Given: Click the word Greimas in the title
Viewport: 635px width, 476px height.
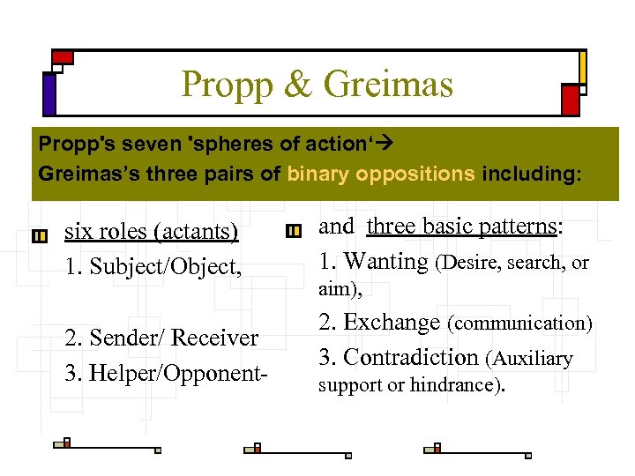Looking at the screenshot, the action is pos(388,85).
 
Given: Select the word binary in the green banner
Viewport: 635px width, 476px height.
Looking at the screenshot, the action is pos(318,174).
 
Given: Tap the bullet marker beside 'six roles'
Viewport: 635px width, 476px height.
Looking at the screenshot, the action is pos(39,236).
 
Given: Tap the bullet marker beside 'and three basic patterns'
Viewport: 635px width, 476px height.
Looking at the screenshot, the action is pos(294,231).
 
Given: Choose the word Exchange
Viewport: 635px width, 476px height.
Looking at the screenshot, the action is pos(392,323).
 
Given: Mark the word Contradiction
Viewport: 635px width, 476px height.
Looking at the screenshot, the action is pos(410,357).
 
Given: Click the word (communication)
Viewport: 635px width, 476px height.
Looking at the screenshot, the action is pos(519,324).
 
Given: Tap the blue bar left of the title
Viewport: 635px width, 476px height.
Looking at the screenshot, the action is pos(49,93).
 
